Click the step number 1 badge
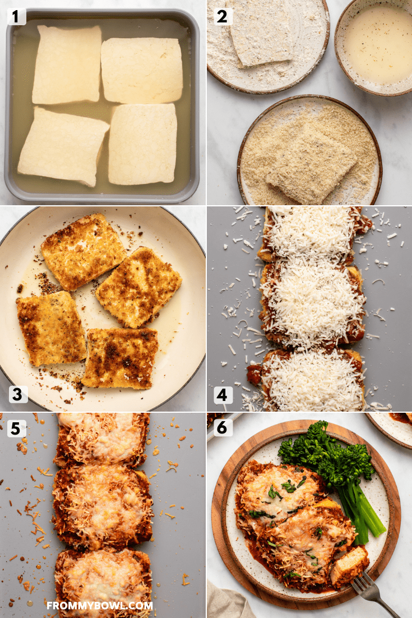[16, 17]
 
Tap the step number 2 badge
[222, 17]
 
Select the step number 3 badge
[17, 394]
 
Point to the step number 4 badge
[222, 395]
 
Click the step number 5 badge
[16, 429]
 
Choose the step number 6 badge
[222, 428]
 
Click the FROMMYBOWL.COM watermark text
[99, 606]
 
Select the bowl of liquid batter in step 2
[375, 44]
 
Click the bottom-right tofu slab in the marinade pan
[143, 144]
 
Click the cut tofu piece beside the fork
[349, 566]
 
